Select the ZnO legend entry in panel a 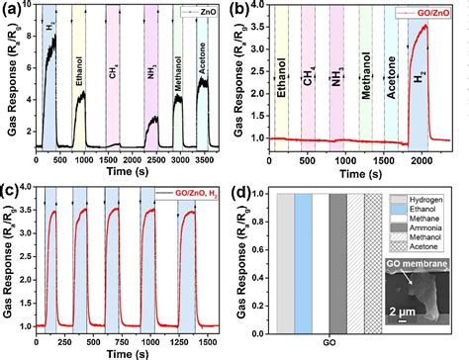pos(212,13)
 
